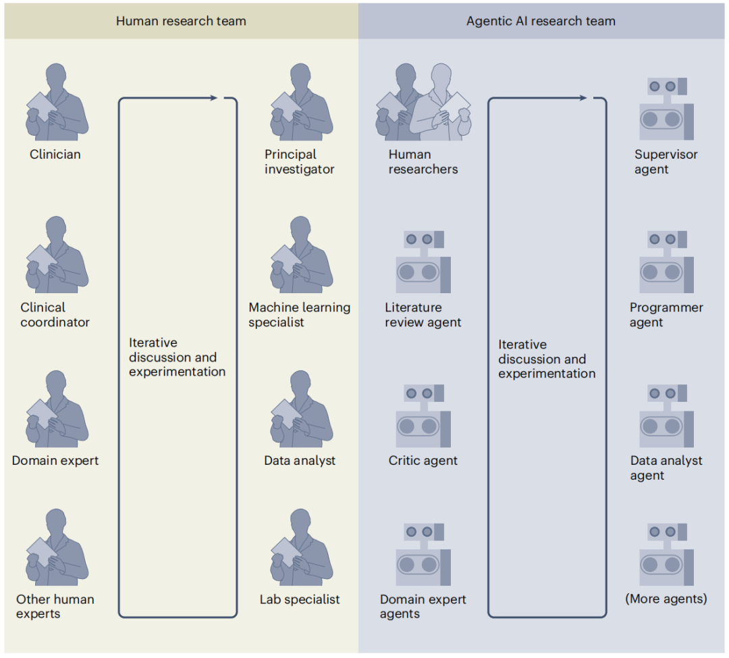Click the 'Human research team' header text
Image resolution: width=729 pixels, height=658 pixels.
[x=181, y=21]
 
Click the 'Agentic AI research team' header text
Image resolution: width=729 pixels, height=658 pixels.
[x=541, y=21]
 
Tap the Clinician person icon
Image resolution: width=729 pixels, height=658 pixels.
[x=57, y=103]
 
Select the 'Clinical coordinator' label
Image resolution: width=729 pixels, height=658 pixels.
[x=55, y=315]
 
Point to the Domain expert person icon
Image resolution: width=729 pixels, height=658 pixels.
[x=57, y=409]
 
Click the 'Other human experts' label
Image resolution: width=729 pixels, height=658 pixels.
[x=55, y=606]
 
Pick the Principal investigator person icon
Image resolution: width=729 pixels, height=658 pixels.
[x=300, y=103]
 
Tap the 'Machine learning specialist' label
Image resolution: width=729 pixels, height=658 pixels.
[x=299, y=315]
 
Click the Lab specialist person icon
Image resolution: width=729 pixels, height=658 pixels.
[x=300, y=548]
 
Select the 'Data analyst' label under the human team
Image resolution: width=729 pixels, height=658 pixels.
[x=300, y=461]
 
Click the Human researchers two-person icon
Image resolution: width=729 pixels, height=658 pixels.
[x=423, y=103]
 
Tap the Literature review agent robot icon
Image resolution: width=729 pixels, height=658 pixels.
[x=423, y=262]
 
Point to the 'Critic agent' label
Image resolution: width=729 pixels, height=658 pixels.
[x=423, y=461]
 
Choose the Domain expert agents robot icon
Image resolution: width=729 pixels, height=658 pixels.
[x=423, y=553]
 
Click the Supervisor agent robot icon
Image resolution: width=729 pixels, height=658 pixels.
[x=666, y=108]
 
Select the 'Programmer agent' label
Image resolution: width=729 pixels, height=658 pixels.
[x=666, y=315]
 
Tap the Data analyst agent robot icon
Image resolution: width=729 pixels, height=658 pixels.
[x=666, y=416]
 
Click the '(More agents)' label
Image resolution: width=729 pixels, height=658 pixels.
[x=666, y=599]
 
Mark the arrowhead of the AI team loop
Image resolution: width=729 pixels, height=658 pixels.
[x=583, y=99]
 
